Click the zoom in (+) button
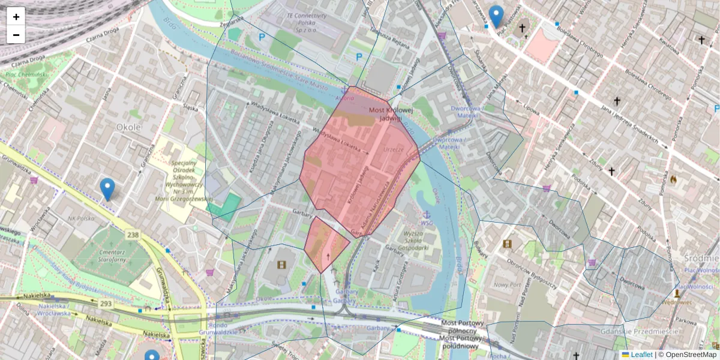[16, 17]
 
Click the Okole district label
[128, 127]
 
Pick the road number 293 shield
[106, 304]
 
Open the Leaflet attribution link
[641, 355]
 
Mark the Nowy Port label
[506, 285]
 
